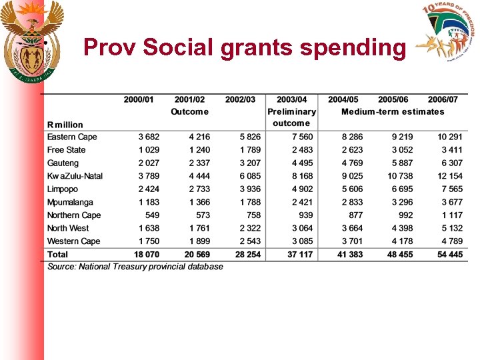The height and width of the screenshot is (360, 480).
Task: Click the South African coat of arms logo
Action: [x=31, y=41]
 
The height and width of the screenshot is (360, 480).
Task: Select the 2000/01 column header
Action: [x=138, y=99]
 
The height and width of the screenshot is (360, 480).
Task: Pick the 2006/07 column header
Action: [x=443, y=99]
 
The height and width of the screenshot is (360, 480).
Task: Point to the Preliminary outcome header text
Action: [x=291, y=117]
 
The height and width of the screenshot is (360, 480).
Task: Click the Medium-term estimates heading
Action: [x=392, y=111]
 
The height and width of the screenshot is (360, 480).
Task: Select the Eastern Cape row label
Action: [x=72, y=137]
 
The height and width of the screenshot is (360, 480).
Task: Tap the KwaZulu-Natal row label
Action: [x=75, y=176]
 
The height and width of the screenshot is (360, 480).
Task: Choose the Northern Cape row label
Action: [x=74, y=215]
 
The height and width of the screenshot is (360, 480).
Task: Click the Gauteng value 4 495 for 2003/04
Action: [x=301, y=163]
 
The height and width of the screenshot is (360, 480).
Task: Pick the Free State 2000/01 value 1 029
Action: [x=149, y=150]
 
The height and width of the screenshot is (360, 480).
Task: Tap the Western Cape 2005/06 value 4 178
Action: [x=402, y=241]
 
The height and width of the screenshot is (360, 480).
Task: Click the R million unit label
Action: [x=65, y=125]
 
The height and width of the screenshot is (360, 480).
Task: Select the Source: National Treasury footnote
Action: [x=135, y=267]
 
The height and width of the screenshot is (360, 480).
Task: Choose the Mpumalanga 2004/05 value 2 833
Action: [x=352, y=202]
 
